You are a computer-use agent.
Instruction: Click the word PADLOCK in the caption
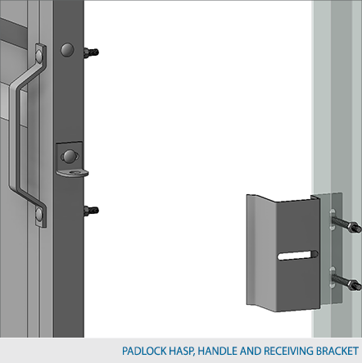(x=144, y=351)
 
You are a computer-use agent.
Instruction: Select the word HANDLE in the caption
(x=218, y=351)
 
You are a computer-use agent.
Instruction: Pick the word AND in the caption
(x=251, y=351)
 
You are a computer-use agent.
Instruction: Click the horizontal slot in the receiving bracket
(x=298, y=255)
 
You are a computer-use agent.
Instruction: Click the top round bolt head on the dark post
(x=67, y=50)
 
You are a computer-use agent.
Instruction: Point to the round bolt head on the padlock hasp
(x=70, y=157)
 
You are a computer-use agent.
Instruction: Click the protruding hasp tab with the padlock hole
(x=73, y=173)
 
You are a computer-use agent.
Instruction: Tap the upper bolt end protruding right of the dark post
(x=91, y=52)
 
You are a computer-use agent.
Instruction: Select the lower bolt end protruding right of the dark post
(x=91, y=211)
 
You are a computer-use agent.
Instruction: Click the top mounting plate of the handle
(x=40, y=55)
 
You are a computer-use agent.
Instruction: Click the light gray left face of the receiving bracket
(x=261, y=252)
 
